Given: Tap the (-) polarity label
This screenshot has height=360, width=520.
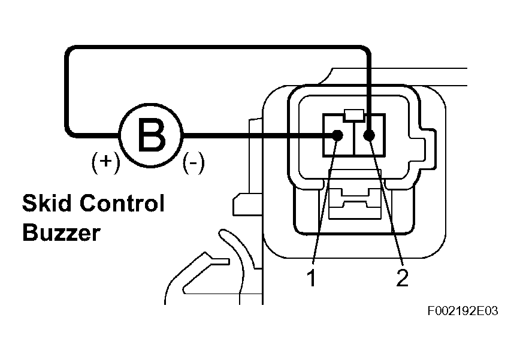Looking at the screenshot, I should [193, 162].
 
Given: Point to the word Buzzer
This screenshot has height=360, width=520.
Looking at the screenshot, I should [61, 232].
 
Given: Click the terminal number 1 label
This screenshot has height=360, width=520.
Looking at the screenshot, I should [311, 277].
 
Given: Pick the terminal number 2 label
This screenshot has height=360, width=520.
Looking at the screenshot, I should [402, 277].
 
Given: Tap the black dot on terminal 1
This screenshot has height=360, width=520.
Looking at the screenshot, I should [337, 135].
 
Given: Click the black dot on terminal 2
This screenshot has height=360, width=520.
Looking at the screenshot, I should [369, 135].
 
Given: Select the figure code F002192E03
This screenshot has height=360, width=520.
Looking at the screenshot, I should [463, 311].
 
